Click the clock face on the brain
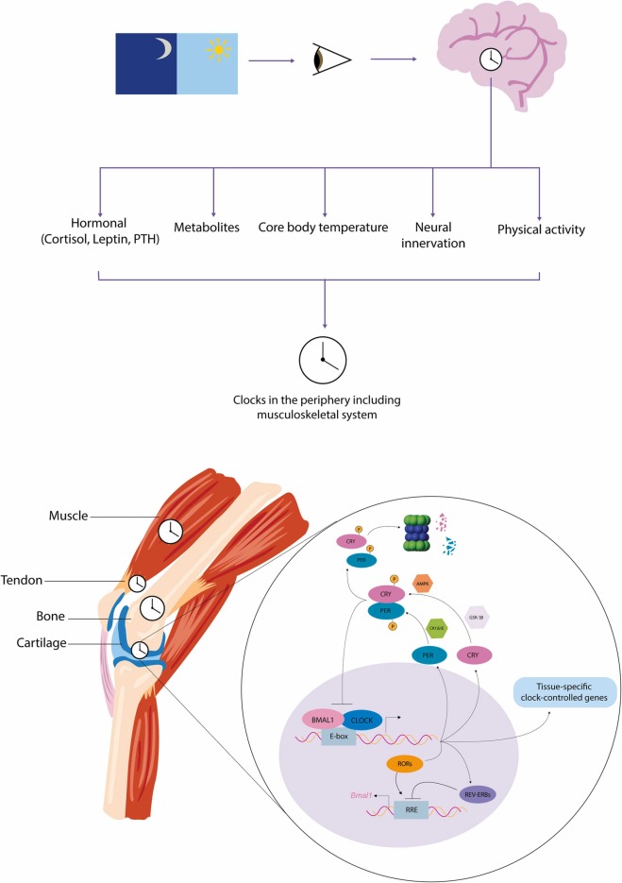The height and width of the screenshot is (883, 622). (492, 59)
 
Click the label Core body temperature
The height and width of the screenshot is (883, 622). (325, 229)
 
